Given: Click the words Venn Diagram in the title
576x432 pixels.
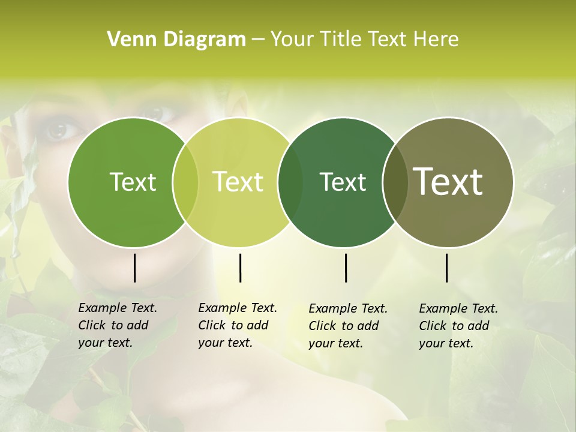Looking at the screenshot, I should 176,40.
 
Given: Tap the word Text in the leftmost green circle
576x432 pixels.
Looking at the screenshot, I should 133,182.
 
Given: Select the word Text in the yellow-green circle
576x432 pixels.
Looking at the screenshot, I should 238,182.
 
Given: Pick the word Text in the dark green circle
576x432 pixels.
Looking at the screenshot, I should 343,182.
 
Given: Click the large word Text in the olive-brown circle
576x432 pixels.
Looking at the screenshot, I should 448,182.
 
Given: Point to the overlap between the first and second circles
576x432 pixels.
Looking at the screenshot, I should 185,182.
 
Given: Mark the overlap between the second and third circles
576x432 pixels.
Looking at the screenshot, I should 290,182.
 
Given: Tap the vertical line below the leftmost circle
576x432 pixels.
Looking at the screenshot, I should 134,268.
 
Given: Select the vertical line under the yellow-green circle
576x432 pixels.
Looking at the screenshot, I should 240,268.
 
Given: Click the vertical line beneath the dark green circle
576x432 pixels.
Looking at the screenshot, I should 346,268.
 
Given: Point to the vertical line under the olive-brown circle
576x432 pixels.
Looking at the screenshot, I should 447,268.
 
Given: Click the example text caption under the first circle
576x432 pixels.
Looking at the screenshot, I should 117,325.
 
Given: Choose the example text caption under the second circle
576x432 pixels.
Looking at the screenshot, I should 237,325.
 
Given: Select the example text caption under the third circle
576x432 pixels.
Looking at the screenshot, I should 347,326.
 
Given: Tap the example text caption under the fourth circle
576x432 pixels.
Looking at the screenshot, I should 458,326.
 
